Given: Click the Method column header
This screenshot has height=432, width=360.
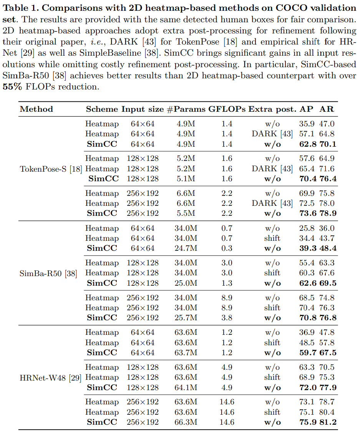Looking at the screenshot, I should [x=36, y=109].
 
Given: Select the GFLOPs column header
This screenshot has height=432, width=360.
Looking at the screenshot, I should [x=227, y=109].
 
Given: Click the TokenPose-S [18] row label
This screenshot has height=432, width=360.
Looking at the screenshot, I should [x=51, y=169].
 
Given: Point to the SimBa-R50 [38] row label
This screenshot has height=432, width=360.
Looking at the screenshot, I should [x=48, y=273].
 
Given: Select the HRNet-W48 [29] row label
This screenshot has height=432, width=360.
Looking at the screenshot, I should [x=50, y=377].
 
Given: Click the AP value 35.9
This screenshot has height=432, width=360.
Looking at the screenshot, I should [x=307, y=124].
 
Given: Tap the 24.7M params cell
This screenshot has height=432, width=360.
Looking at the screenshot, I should [x=186, y=248].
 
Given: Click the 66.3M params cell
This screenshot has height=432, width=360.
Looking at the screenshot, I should [x=186, y=422].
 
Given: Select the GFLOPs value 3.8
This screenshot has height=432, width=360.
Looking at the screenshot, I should [x=227, y=318].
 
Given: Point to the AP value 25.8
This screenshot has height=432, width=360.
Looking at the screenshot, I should [x=307, y=228].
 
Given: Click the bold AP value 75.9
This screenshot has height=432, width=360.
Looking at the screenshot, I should [x=307, y=422].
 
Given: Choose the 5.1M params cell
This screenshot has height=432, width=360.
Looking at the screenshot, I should [x=186, y=179].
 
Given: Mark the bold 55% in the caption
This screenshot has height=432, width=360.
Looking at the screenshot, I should [x=12, y=87].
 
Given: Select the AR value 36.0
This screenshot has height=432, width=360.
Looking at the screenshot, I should [x=328, y=228].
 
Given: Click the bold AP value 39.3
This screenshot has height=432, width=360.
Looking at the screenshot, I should [x=307, y=248].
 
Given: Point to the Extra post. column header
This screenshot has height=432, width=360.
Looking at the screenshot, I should [x=272, y=109].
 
